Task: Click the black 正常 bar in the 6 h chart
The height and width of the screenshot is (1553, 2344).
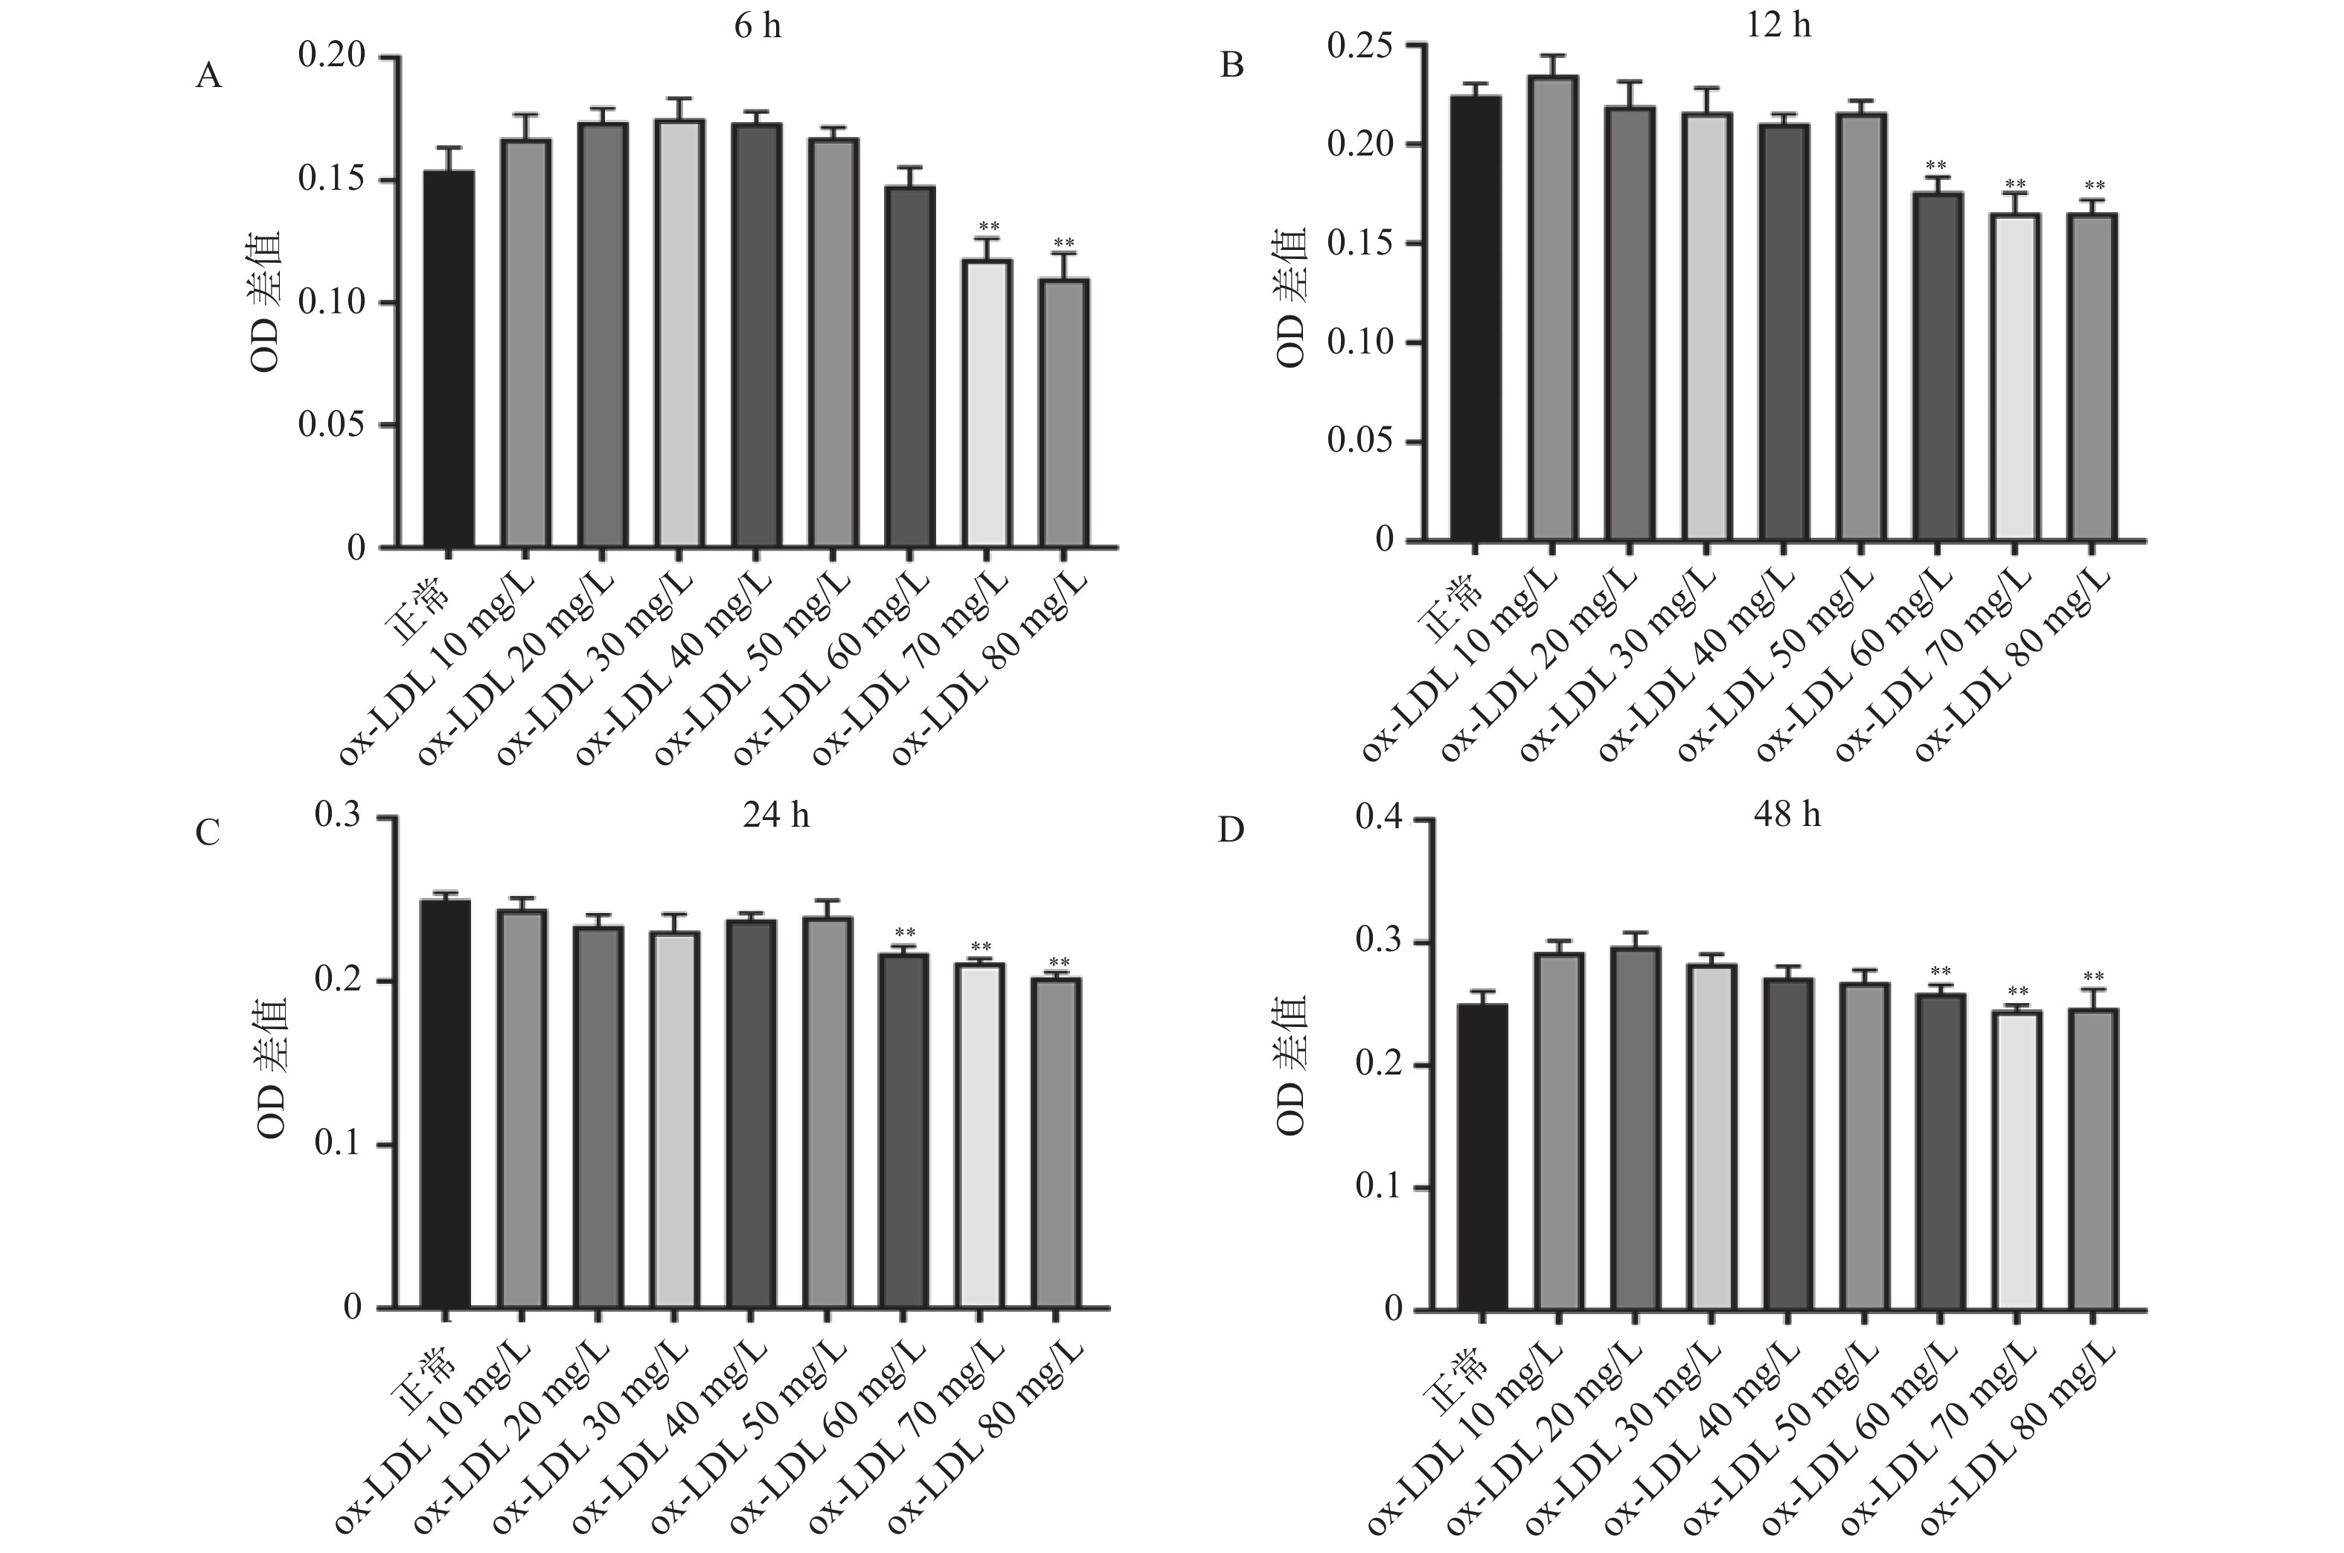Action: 449,359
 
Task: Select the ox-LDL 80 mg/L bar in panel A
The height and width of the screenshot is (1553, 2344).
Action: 1065,413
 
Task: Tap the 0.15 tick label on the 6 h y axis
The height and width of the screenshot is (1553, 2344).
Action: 332,180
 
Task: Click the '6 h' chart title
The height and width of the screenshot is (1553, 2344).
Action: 758,26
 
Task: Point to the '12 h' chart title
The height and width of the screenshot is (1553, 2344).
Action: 1779,25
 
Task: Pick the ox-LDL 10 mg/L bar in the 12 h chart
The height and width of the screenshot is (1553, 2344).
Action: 1553,308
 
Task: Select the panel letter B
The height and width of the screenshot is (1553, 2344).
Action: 1232,65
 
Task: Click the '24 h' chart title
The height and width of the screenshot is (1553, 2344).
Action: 776,815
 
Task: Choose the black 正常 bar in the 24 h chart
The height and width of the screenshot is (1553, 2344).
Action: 446,1104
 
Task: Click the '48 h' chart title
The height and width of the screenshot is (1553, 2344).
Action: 1787,814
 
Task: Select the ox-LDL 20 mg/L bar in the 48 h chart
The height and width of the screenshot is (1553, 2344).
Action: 1635,1128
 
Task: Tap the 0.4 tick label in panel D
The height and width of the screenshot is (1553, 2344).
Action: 1378,819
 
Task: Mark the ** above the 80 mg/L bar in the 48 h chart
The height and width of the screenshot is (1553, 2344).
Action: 2093,978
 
